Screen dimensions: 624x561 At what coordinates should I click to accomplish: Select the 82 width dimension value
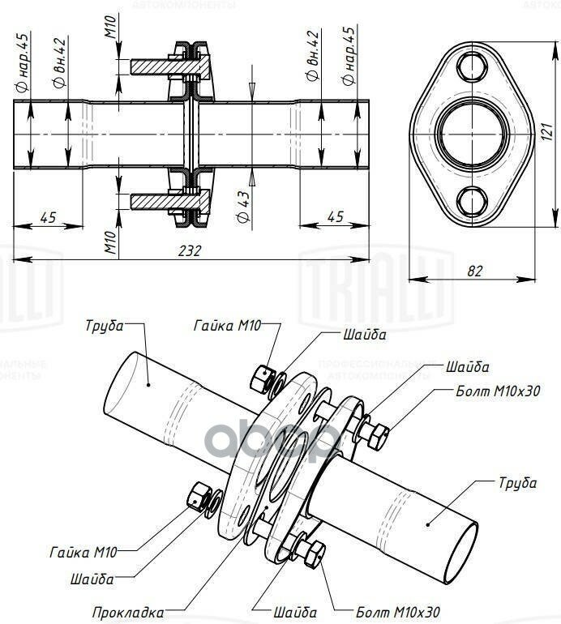coord(475,271)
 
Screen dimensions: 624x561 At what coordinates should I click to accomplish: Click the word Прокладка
coord(128,612)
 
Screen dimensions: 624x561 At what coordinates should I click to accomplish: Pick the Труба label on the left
coord(105,327)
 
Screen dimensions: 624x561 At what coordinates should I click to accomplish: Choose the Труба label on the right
coord(517,483)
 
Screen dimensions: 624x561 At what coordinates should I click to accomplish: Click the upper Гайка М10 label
coord(228,327)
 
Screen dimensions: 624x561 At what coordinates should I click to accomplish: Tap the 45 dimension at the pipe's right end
coord(334,216)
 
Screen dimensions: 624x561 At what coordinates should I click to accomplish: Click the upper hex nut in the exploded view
coord(260,377)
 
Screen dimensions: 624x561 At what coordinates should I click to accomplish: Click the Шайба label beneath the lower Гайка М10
coord(91,579)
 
